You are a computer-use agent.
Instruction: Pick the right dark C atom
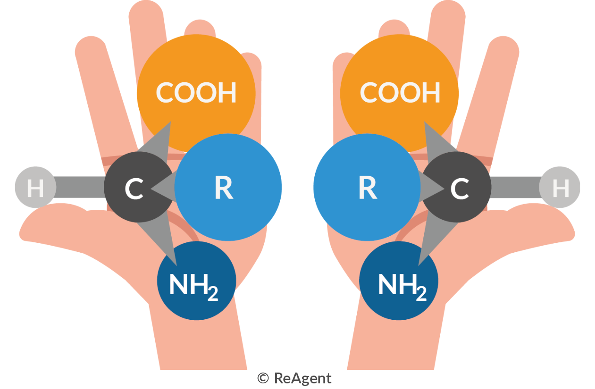tap(459, 187)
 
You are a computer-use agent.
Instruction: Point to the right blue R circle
tap(368, 187)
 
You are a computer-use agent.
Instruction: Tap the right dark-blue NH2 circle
tap(399, 281)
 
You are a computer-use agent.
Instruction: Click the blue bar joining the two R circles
tap(297, 184)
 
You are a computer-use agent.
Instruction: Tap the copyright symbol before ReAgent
tap(263, 378)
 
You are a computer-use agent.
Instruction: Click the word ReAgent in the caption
tap(303, 378)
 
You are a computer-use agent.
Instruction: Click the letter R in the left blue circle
tap(224, 188)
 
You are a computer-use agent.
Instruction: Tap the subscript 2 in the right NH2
tap(421, 293)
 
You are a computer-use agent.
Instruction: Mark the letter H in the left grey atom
tap(35, 189)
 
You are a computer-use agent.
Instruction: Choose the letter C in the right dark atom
tap(459, 189)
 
